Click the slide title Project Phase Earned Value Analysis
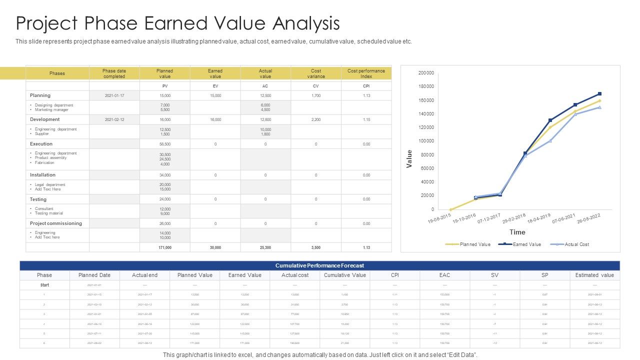click(x=178, y=23)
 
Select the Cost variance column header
click(x=316, y=73)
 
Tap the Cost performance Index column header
click(x=366, y=73)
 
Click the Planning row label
click(x=40, y=95)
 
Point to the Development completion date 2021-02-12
click(x=114, y=120)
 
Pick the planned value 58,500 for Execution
click(x=164, y=144)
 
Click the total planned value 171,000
click(x=164, y=247)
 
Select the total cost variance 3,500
click(x=316, y=247)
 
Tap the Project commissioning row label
click(x=55, y=223)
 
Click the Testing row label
click(x=38, y=199)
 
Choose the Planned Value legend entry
click(x=474, y=244)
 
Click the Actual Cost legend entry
click(x=576, y=244)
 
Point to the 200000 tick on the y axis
click(x=426, y=73)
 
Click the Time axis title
click(x=517, y=232)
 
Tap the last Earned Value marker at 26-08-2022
click(x=599, y=94)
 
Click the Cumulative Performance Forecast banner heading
click(x=319, y=265)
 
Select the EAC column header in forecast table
click(x=444, y=275)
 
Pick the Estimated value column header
click(x=594, y=275)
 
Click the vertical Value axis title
click(x=409, y=159)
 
